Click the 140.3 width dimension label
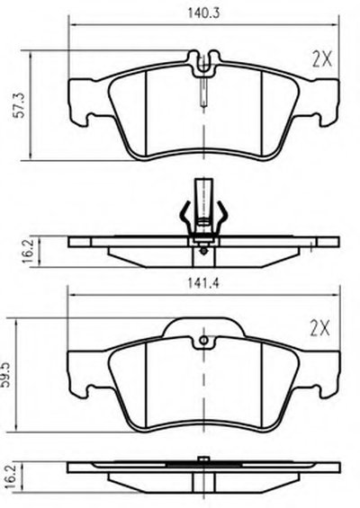[x=203, y=13]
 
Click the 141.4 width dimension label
[x=203, y=283]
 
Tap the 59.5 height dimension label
[x=7, y=376]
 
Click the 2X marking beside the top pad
[x=322, y=59]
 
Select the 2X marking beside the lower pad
[x=320, y=328]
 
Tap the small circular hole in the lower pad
[x=204, y=340]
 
